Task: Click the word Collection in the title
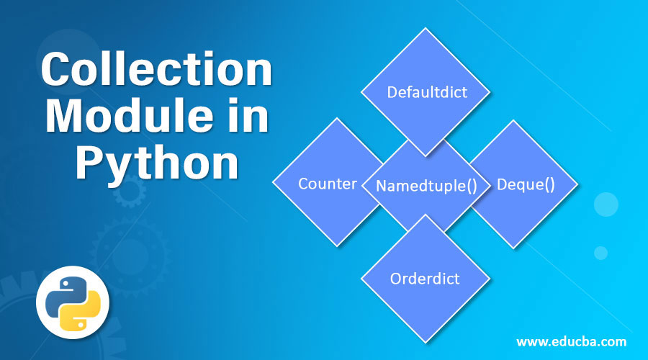[157, 69]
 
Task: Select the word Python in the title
[157, 164]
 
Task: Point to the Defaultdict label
[427, 91]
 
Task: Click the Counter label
[328, 184]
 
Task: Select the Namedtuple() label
[426, 186]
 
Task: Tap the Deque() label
[526, 185]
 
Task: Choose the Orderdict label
[425, 279]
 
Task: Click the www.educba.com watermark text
[571, 342]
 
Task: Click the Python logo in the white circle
[73, 303]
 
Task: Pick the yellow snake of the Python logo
[81, 310]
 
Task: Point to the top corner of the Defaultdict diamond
[426, 28]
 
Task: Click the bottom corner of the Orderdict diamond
[426, 343]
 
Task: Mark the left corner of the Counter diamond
[273, 182]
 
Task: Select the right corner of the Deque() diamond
[577, 184]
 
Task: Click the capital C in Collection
[57, 69]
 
